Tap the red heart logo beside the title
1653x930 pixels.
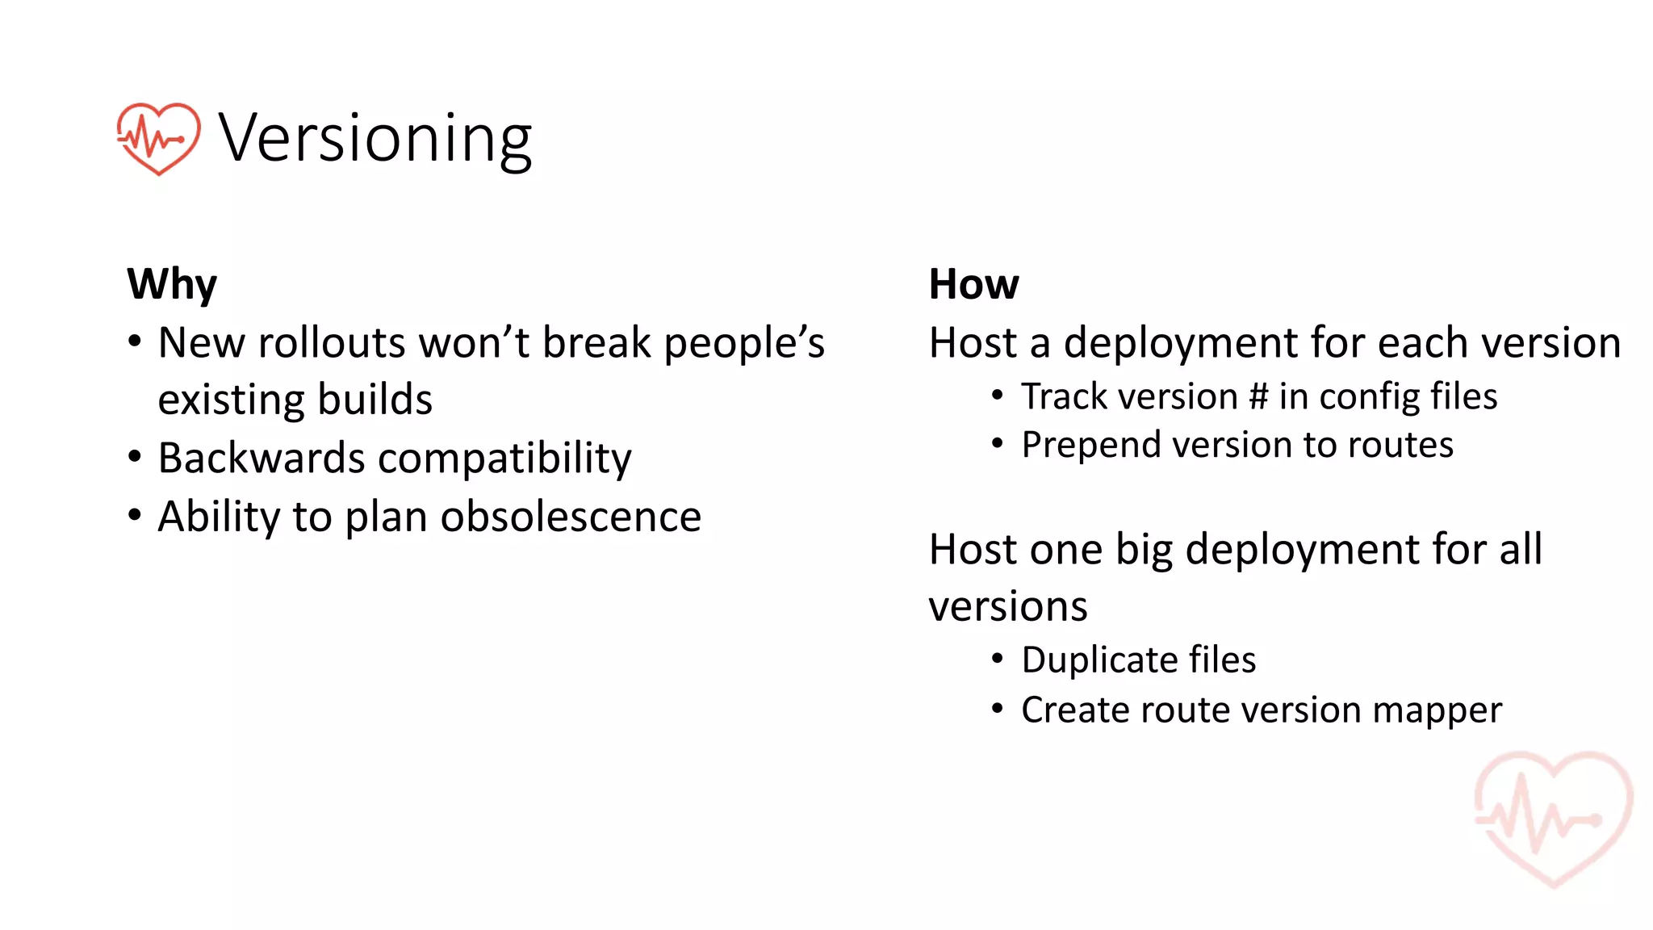coord(158,138)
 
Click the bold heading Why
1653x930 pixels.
coord(172,284)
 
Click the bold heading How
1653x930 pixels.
coord(973,284)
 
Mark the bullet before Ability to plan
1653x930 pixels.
coord(135,514)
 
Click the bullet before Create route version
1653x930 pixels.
coord(998,709)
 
